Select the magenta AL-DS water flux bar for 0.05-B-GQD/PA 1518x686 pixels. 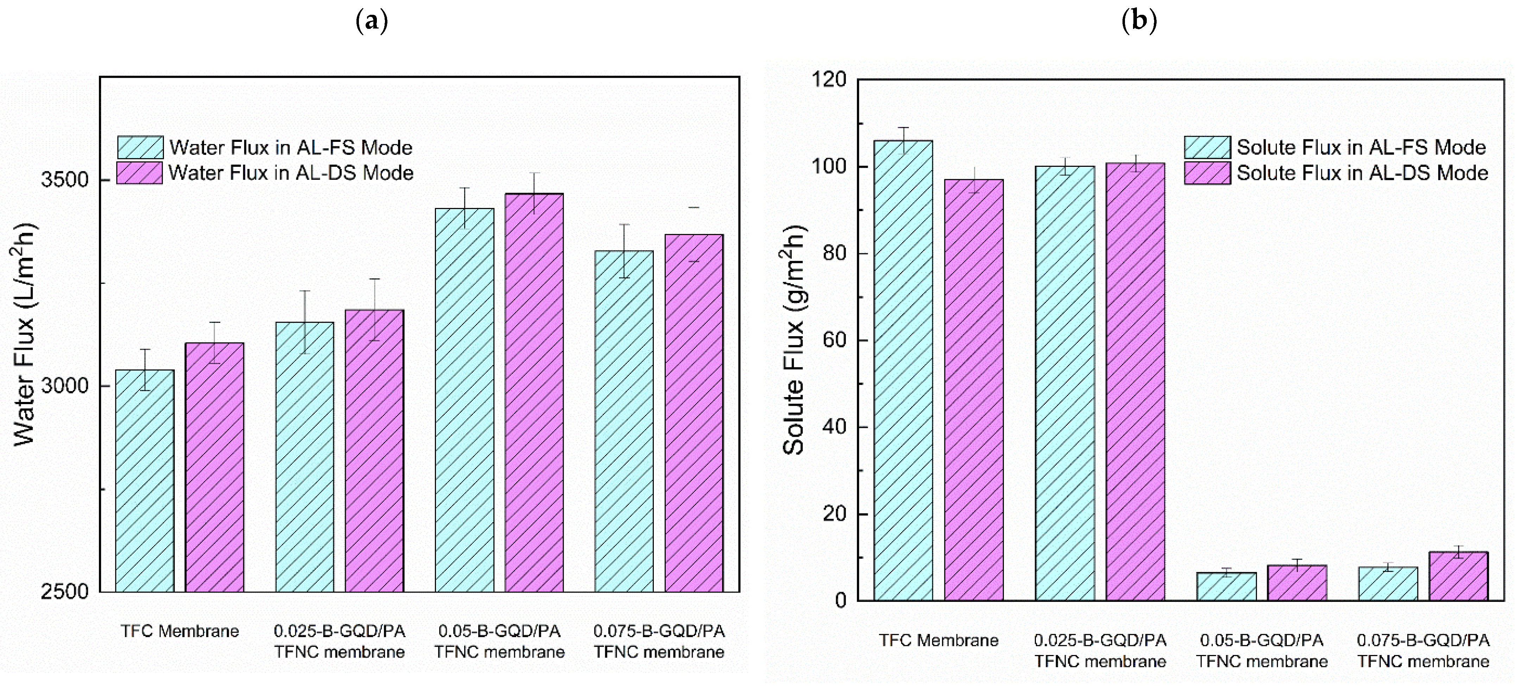click(534, 392)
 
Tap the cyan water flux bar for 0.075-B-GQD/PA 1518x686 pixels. click(624, 421)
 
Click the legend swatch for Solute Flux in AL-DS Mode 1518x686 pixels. click(1207, 173)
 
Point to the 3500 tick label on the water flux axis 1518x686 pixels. click(64, 180)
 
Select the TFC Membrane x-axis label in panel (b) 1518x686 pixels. click(939, 640)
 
